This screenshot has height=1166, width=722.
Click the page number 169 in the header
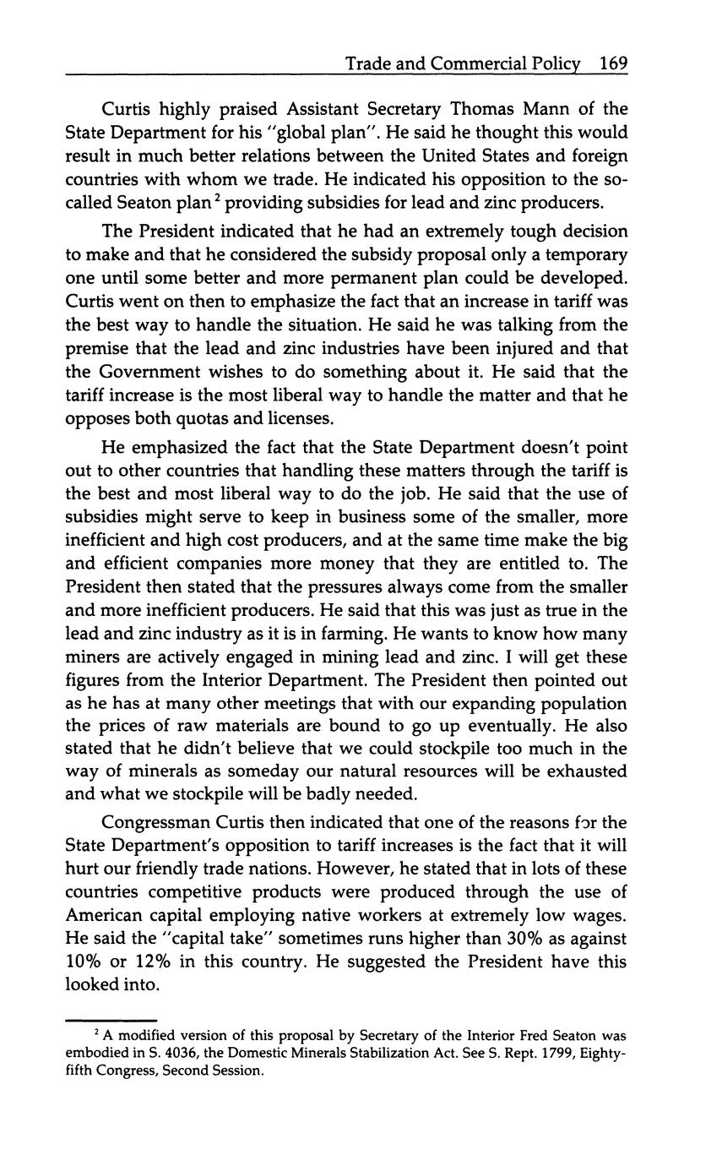tap(612, 63)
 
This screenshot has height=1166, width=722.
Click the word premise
tap(95, 348)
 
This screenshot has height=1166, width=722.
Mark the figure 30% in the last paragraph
tap(504, 939)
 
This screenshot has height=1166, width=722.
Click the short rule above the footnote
tap(111, 1019)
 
